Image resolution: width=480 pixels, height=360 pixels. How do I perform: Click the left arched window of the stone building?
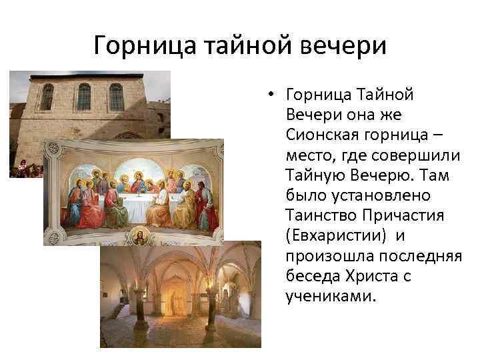point(47,97)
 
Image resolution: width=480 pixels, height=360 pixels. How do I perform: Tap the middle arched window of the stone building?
point(83,97)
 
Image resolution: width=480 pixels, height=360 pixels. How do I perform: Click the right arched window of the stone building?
point(117,97)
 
